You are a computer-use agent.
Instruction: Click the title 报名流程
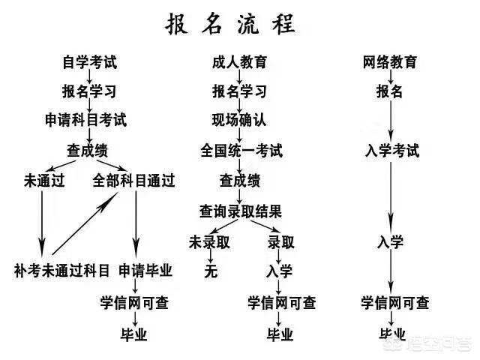[x=230, y=24]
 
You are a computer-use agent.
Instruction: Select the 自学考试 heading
[x=90, y=61]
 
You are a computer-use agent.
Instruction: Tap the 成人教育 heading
[x=239, y=61]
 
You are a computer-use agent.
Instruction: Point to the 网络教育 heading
[x=390, y=61]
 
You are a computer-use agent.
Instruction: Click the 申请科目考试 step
[x=85, y=119]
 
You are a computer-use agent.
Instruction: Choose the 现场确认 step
[x=239, y=119]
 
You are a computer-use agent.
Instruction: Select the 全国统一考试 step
[x=241, y=151]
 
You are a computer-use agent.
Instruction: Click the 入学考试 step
[x=392, y=151]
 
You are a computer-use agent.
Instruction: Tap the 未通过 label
[x=44, y=180]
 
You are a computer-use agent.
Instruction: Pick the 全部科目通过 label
[x=133, y=180]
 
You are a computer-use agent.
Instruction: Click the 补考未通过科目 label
[x=61, y=271]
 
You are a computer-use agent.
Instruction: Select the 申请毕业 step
[x=145, y=271]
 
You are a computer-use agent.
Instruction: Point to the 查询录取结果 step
[x=240, y=211]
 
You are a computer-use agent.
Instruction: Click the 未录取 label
[x=209, y=242]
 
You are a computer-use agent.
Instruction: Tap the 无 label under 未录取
[x=211, y=271]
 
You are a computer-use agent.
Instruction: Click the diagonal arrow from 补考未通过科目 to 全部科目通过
[x=85, y=223]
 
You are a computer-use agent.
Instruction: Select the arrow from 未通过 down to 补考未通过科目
[x=42, y=223]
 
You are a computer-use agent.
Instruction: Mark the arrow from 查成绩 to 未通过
[x=60, y=166]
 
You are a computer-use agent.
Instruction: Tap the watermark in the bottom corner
[x=428, y=344]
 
